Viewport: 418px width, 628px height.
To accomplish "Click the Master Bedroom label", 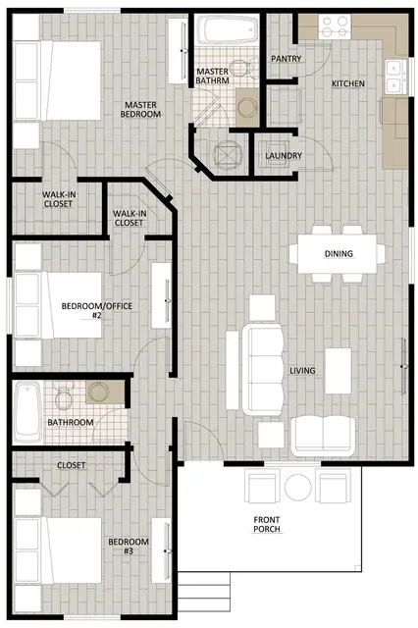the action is pyautogui.click(x=140, y=109).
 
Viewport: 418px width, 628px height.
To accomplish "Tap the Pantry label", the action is pyautogui.click(x=286, y=59).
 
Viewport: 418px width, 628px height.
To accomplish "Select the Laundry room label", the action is pyautogui.click(x=284, y=155).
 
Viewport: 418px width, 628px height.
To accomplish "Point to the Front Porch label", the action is pyautogui.click(x=267, y=524).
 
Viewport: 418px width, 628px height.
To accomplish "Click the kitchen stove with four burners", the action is pyautogui.click(x=335, y=26).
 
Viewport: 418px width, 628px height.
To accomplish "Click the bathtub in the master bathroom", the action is pyautogui.click(x=227, y=29).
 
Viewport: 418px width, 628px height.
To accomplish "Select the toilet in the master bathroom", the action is pyautogui.click(x=243, y=68).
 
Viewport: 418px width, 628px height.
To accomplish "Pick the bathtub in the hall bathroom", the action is pyautogui.click(x=27, y=411).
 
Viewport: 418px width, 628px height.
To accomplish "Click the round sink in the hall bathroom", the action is pyautogui.click(x=98, y=392).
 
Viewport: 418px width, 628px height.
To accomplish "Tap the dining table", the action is pyautogui.click(x=338, y=254).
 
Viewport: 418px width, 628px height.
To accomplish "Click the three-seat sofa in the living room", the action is pyautogui.click(x=263, y=370).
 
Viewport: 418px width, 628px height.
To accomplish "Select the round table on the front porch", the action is pyautogui.click(x=298, y=487).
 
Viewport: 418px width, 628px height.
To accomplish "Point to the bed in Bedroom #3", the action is pyautogui.click(x=58, y=549).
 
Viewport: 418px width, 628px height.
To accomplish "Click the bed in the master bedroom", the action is pyautogui.click(x=57, y=80).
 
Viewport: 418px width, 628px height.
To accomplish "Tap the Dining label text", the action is pyautogui.click(x=339, y=253).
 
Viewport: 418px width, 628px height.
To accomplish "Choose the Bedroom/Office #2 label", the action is pyautogui.click(x=97, y=310).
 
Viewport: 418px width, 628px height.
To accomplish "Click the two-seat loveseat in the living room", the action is pyautogui.click(x=323, y=437).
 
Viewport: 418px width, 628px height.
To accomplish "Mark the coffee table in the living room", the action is pyautogui.click(x=339, y=371).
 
